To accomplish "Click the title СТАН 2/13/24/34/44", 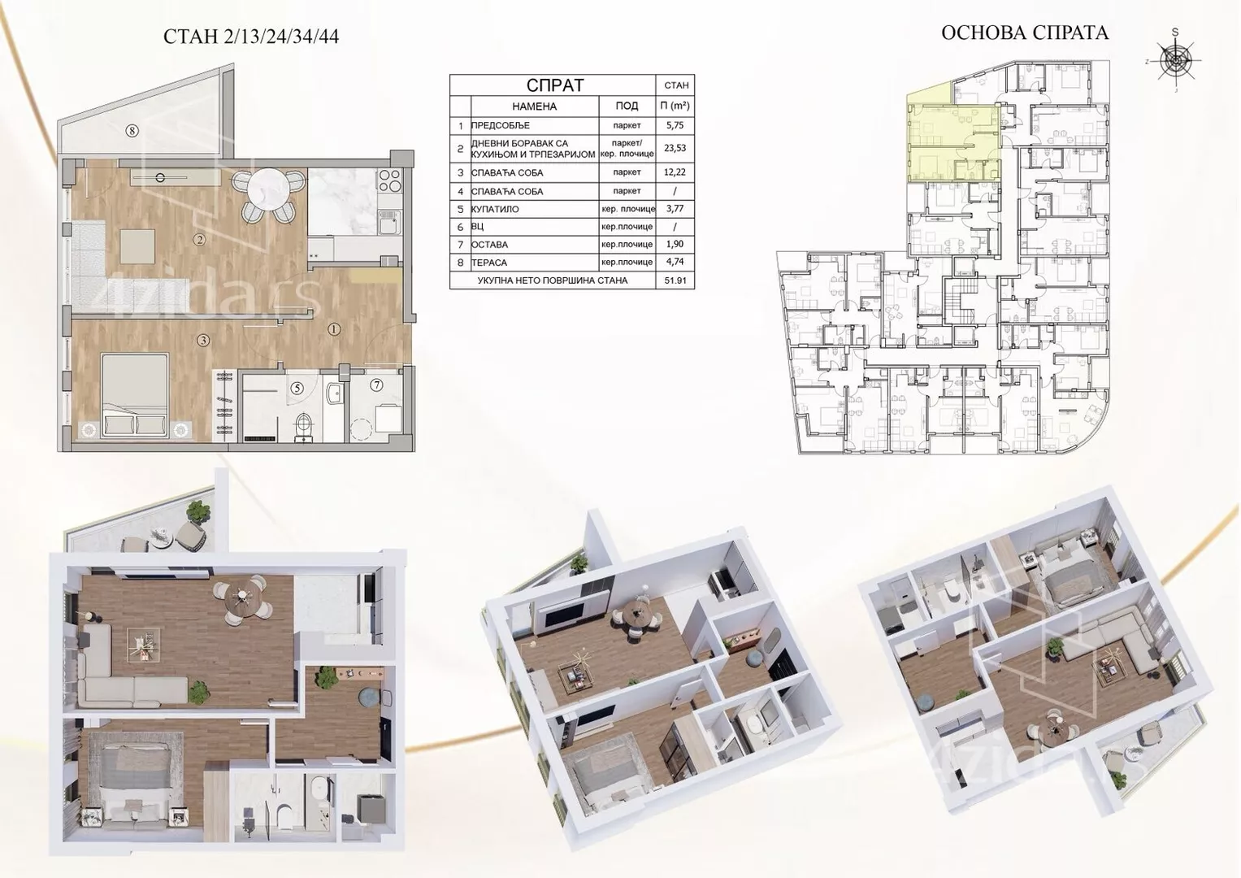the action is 251,37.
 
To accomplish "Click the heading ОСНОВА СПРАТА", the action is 1025,33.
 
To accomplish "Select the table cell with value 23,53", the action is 675,149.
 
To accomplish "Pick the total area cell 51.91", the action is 675,280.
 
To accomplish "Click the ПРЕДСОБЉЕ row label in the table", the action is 501,125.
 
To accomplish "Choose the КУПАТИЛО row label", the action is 495,210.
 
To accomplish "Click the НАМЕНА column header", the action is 534,106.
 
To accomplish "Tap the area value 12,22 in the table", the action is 675,172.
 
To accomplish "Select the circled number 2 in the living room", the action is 199,240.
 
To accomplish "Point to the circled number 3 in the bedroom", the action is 203,341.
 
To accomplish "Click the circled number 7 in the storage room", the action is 377,385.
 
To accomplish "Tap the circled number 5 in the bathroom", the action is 297,388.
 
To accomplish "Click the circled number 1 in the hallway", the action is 334,329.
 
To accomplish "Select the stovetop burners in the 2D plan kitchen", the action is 388,180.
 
